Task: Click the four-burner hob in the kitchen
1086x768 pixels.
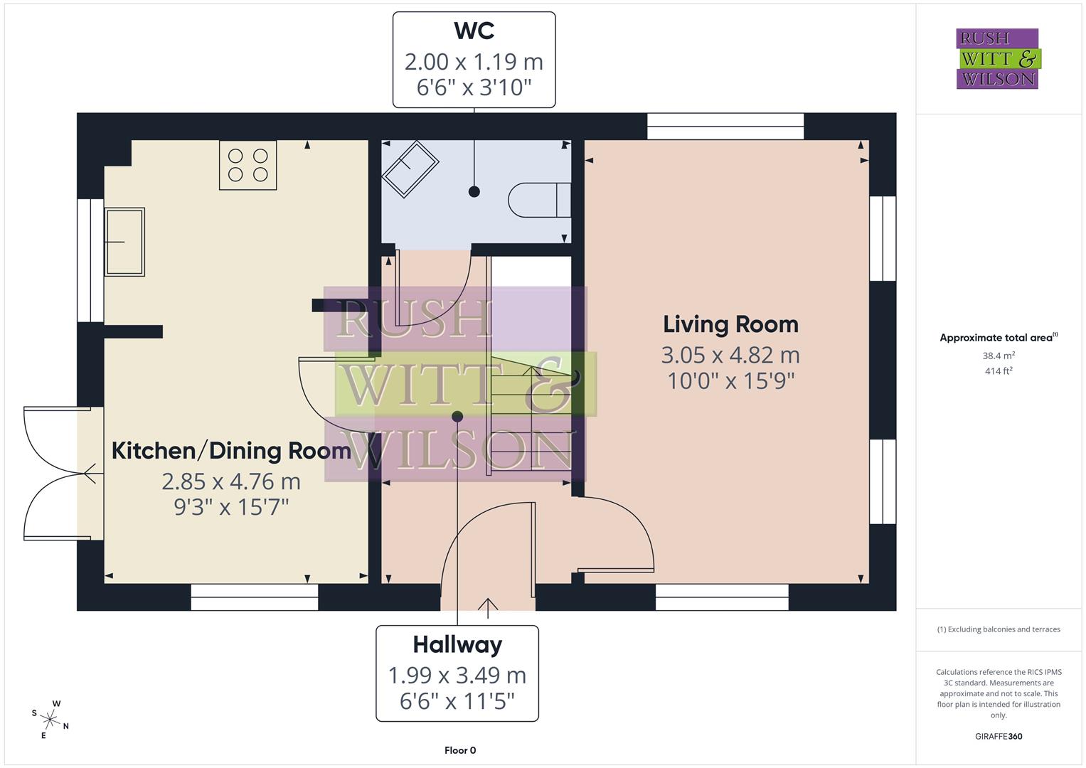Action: pos(247,165)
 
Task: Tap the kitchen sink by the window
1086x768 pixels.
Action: pos(125,242)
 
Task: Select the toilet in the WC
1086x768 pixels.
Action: pos(540,200)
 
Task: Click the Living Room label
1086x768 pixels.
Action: pos(730,324)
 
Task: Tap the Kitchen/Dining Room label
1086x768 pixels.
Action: pos(231,451)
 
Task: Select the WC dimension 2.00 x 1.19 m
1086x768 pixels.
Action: pos(474,62)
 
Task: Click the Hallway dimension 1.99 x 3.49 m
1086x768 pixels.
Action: pos(457,675)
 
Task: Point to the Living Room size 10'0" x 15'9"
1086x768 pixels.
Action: pos(730,381)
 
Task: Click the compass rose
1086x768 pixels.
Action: pos(50,719)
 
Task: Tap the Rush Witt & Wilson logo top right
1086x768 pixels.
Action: pos(997,59)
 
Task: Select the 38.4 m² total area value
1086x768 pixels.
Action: pos(999,356)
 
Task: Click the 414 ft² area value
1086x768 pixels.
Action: pos(999,371)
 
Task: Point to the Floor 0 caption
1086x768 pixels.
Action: pos(460,750)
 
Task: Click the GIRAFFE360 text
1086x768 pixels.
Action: pos(999,737)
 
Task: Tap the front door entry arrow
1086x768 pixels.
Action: pos(488,605)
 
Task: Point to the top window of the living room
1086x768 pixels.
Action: pos(725,127)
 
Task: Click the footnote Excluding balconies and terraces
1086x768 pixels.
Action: pos(999,629)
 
